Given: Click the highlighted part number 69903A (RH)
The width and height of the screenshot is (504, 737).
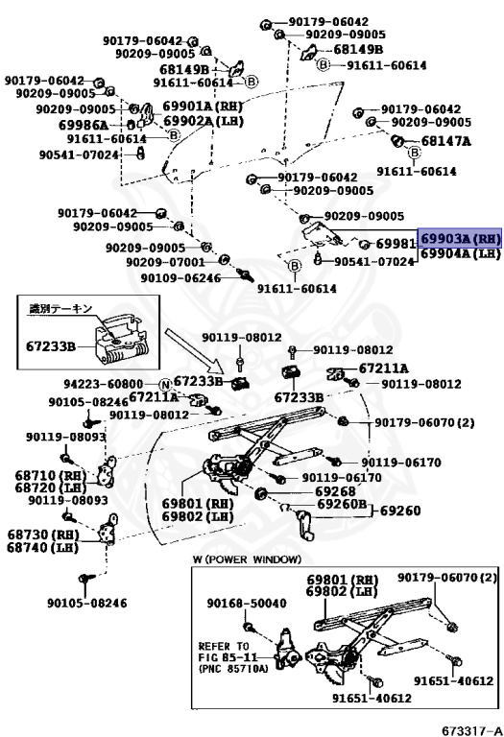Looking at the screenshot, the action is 460,238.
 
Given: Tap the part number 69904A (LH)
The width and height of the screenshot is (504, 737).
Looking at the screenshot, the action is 460,253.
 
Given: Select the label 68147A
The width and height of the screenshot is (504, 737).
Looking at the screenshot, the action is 445,141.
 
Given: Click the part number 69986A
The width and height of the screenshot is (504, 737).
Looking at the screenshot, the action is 84,125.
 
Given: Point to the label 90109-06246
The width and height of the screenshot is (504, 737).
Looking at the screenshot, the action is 180,277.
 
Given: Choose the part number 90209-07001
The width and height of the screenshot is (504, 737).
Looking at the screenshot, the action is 165,262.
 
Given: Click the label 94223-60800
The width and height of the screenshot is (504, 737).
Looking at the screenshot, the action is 104,384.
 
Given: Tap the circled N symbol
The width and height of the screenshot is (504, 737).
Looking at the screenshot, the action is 165,385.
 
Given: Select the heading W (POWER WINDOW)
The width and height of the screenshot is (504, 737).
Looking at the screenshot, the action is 247,559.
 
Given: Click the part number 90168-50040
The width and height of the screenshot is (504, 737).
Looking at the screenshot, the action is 247,603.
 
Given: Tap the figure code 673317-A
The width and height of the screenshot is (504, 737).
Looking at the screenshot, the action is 471,731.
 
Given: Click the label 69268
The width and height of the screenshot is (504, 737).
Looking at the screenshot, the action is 335,491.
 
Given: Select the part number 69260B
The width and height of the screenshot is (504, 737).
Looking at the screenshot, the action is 342,505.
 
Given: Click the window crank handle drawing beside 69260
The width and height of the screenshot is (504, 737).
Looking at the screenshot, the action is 305,526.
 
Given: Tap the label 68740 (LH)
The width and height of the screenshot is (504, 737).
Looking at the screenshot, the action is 42,548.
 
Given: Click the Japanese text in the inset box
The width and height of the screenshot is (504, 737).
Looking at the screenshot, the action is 61,309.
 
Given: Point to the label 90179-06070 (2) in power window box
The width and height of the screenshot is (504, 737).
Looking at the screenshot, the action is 447,577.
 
